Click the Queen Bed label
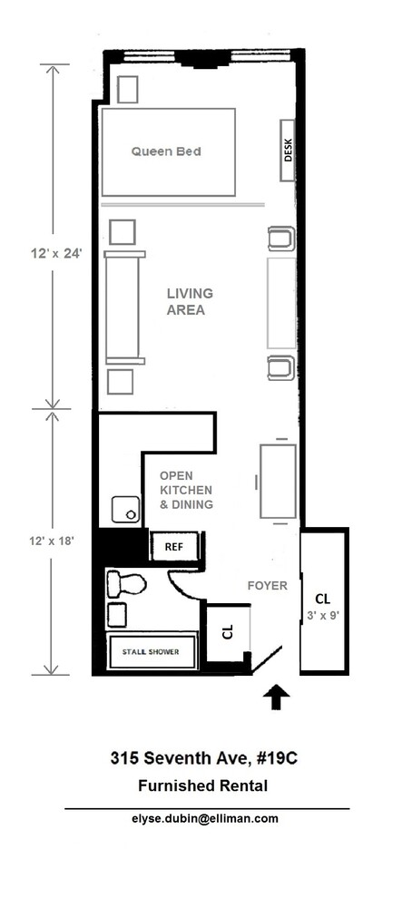point(165,151)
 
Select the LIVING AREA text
point(190,301)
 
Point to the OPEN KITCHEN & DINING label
point(186,490)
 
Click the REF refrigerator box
point(174,547)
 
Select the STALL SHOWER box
point(152,652)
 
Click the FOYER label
point(267,585)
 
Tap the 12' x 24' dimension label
point(54,255)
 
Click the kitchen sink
point(126,510)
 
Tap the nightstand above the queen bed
point(128,89)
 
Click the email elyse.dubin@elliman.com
point(206,818)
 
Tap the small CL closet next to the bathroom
point(227,632)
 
